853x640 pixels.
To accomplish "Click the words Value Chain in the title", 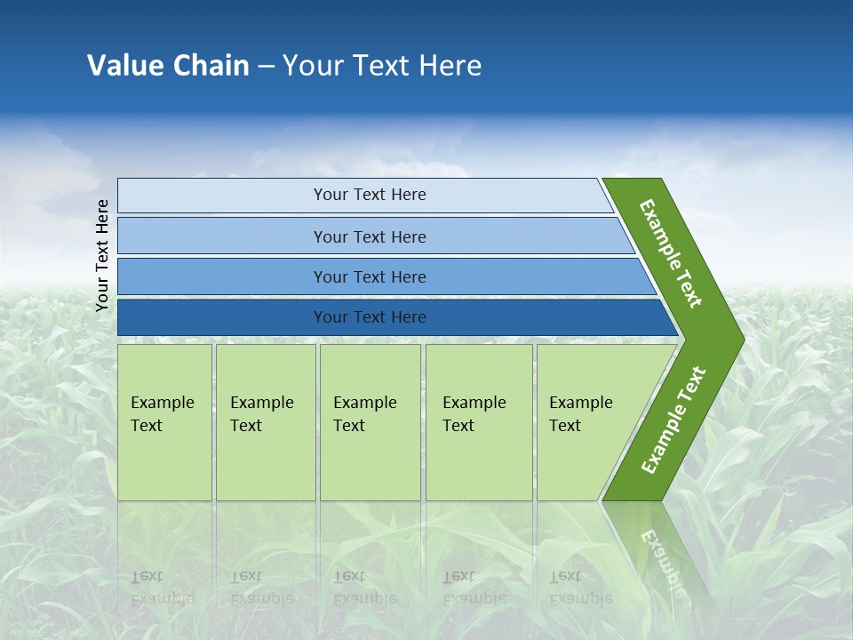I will coord(168,65).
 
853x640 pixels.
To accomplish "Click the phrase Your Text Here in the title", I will coord(382,65).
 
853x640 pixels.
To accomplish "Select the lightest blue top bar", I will coord(222,196).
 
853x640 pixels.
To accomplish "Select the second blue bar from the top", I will coord(222,236).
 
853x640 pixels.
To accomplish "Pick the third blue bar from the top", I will coord(222,276).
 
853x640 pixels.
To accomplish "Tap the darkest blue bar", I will coord(222,317).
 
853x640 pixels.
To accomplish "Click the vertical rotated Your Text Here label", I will coord(102,255).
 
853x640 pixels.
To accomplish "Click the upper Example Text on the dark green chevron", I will coord(671,253).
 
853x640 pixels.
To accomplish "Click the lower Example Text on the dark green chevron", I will coord(673,420).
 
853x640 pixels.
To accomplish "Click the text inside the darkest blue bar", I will coord(370,317).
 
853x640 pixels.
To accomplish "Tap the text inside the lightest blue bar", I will coord(370,195).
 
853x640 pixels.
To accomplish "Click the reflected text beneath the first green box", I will coord(162,588).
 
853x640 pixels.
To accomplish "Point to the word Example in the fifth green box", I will coord(580,403).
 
